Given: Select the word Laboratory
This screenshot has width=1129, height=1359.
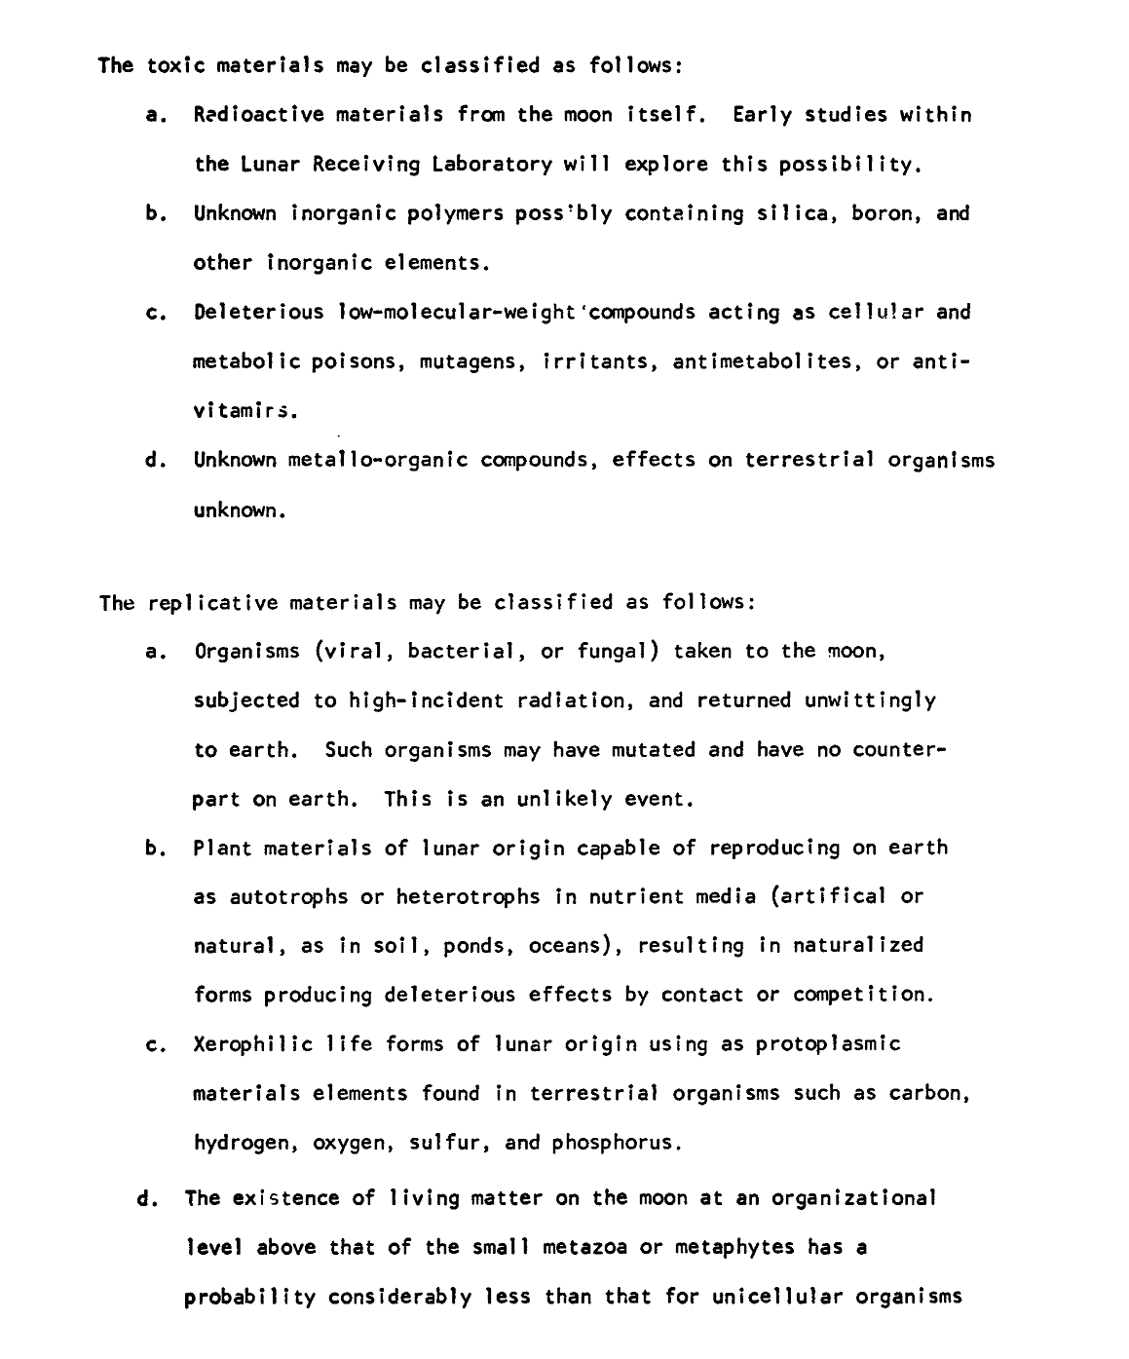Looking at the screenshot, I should tap(481, 164).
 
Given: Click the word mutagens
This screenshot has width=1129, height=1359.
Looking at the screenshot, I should tap(462, 362).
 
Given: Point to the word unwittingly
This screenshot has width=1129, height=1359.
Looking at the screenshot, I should tap(870, 700).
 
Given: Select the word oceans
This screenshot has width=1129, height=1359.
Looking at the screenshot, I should tap(574, 946).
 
